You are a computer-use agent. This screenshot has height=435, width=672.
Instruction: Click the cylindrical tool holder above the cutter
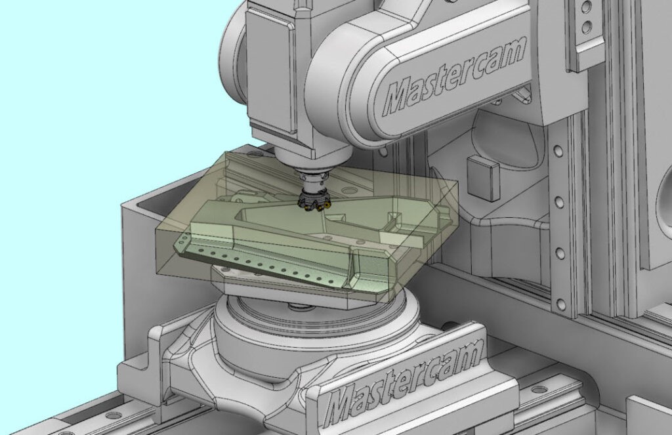click(x=314, y=183)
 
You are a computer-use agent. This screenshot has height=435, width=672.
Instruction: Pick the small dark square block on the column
click(x=483, y=176)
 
